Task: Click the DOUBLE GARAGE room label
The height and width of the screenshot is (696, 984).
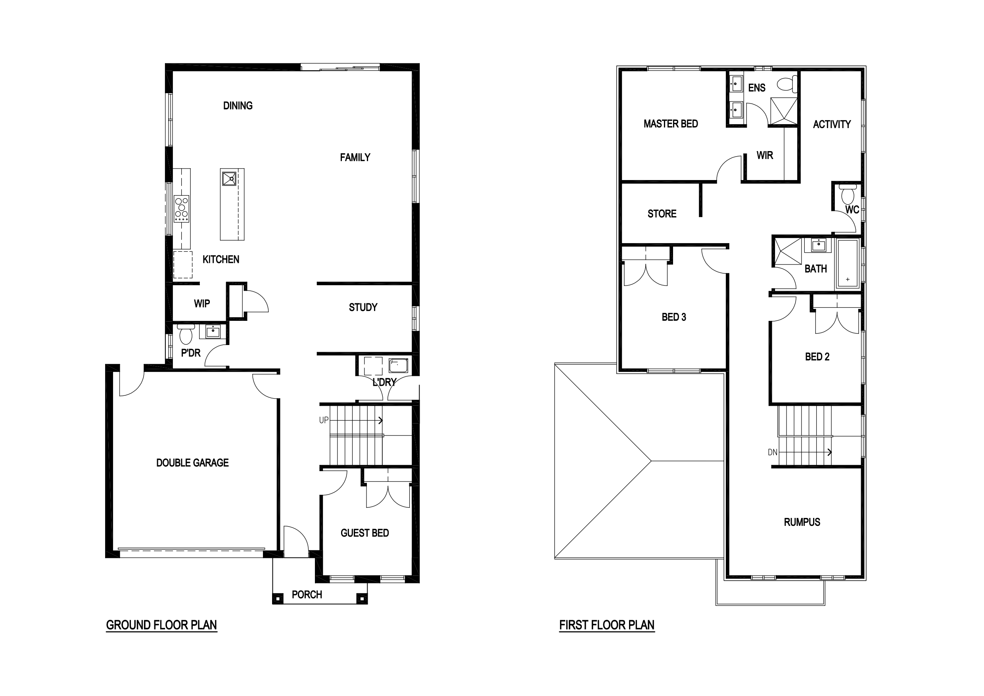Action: point(192,463)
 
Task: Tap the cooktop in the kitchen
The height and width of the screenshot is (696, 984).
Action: point(182,209)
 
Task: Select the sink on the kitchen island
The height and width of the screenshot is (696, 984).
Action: point(229,178)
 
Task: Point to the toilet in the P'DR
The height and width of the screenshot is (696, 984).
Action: point(186,334)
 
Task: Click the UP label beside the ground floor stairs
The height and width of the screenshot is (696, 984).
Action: point(324,420)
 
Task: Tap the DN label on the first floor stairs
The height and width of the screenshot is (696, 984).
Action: point(772,452)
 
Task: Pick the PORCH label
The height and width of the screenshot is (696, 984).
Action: point(307,595)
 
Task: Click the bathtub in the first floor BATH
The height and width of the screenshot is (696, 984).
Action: point(848,263)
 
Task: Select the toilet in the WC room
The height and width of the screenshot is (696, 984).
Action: point(848,194)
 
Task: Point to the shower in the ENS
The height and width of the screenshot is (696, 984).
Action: point(784,111)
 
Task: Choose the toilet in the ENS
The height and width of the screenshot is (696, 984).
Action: point(787,84)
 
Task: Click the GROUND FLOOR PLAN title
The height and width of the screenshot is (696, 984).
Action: point(161,625)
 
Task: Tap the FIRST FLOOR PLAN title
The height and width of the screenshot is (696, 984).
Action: point(607,625)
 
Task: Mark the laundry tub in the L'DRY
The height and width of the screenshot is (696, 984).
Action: point(398,365)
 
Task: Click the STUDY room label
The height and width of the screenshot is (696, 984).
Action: point(363,307)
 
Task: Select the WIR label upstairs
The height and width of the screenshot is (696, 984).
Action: point(765,155)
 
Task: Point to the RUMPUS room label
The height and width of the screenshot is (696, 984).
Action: point(802,522)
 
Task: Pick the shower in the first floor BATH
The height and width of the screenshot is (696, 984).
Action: point(788,251)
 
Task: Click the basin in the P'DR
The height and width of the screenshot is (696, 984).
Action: point(213,331)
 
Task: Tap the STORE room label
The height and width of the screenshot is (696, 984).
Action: point(662,213)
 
